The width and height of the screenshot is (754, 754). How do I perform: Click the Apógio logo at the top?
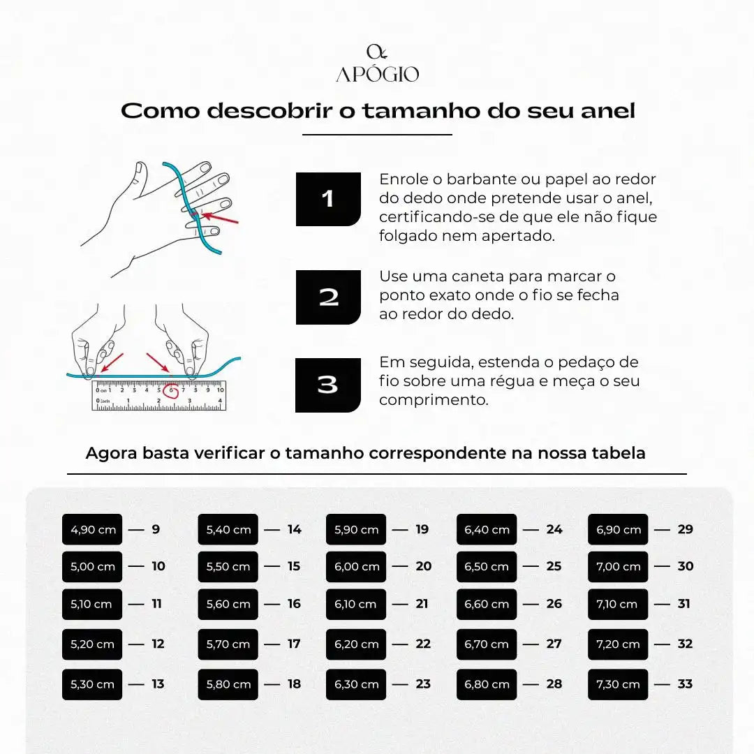(377, 64)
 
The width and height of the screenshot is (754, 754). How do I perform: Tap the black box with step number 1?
(328, 199)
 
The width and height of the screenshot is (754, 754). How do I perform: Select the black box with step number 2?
(328, 297)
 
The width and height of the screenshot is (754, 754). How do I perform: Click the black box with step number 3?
(328, 385)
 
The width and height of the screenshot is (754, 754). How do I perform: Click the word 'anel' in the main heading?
(608, 111)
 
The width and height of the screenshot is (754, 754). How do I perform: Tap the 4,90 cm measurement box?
(93, 530)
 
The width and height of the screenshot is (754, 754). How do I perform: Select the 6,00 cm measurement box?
(356, 567)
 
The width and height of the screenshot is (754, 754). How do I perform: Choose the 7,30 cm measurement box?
(618, 685)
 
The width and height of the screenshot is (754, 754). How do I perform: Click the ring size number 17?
(294, 644)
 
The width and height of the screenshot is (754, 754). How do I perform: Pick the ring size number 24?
(554, 530)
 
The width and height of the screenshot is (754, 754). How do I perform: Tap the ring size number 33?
(685, 685)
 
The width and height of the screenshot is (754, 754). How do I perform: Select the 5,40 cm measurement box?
(228, 530)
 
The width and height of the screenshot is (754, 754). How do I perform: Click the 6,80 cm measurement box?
(487, 685)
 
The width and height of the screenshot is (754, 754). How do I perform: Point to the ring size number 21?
(422, 605)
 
